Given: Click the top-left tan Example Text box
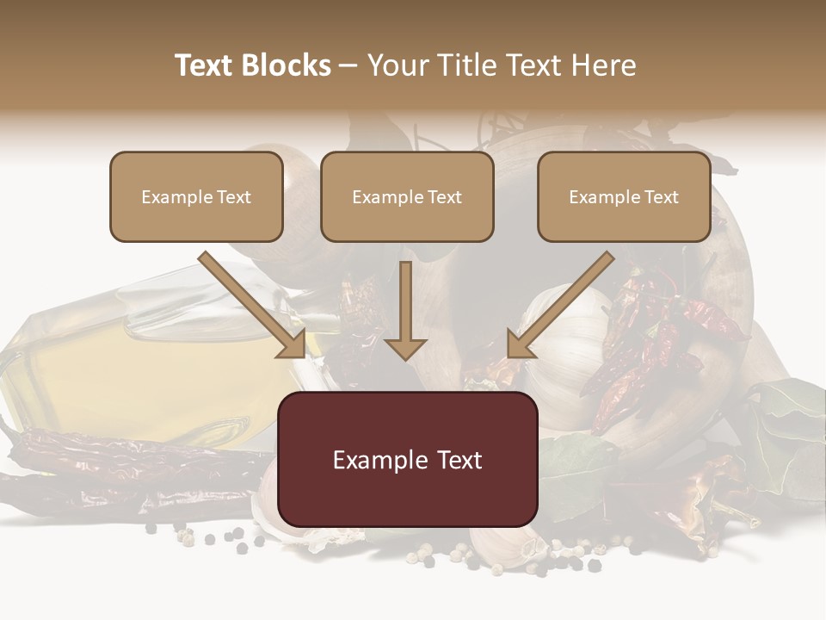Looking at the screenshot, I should coord(196,197).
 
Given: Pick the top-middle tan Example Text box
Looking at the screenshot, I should coord(407,197).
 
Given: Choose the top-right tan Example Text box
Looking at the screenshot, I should coord(624,197).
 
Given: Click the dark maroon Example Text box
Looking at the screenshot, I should coord(408,460).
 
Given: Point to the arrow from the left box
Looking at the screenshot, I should coord(253,305).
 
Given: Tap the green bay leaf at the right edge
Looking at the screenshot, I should coord(787,431).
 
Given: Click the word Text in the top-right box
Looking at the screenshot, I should coord(661,197).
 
